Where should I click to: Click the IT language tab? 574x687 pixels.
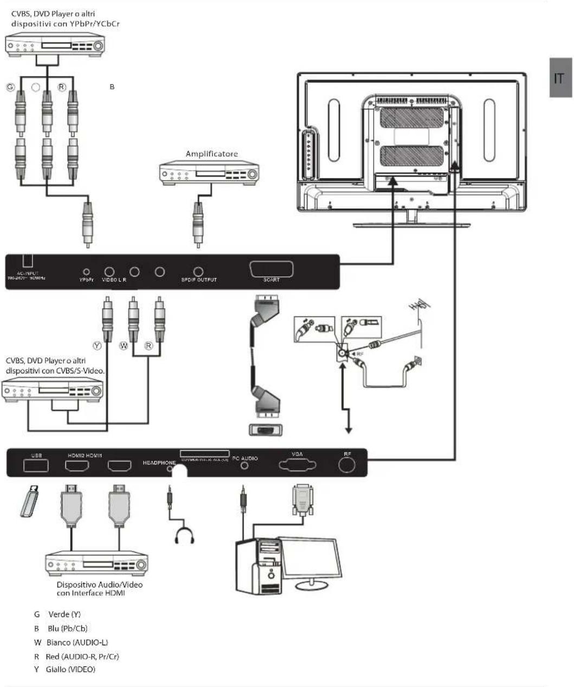[560, 78]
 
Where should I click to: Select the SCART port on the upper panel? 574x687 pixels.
[271, 270]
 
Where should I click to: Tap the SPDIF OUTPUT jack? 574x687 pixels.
[199, 271]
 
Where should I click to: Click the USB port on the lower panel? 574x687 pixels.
[36, 465]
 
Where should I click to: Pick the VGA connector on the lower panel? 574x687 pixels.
[296, 465]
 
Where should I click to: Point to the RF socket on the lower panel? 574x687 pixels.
[347, 464]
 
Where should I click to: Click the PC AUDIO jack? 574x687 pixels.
[245, 466]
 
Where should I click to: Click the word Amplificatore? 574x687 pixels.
[211, 154]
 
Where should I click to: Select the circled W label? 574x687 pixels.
[124, 345]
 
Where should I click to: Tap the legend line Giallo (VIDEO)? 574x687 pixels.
[65, 669]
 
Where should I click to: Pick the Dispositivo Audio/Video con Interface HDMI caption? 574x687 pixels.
[99, 589]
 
